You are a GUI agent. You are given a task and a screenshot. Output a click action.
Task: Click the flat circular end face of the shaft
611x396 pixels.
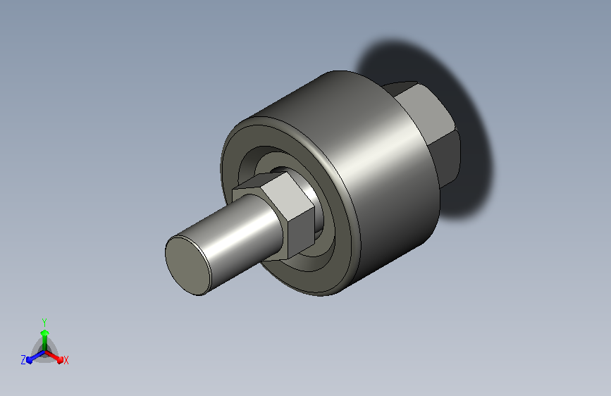188,266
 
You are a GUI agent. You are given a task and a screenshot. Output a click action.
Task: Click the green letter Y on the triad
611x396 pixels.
44,322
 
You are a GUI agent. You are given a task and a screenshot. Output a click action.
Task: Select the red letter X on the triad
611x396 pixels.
66,361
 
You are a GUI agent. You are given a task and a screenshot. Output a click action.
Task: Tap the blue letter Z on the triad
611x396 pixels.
23,360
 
